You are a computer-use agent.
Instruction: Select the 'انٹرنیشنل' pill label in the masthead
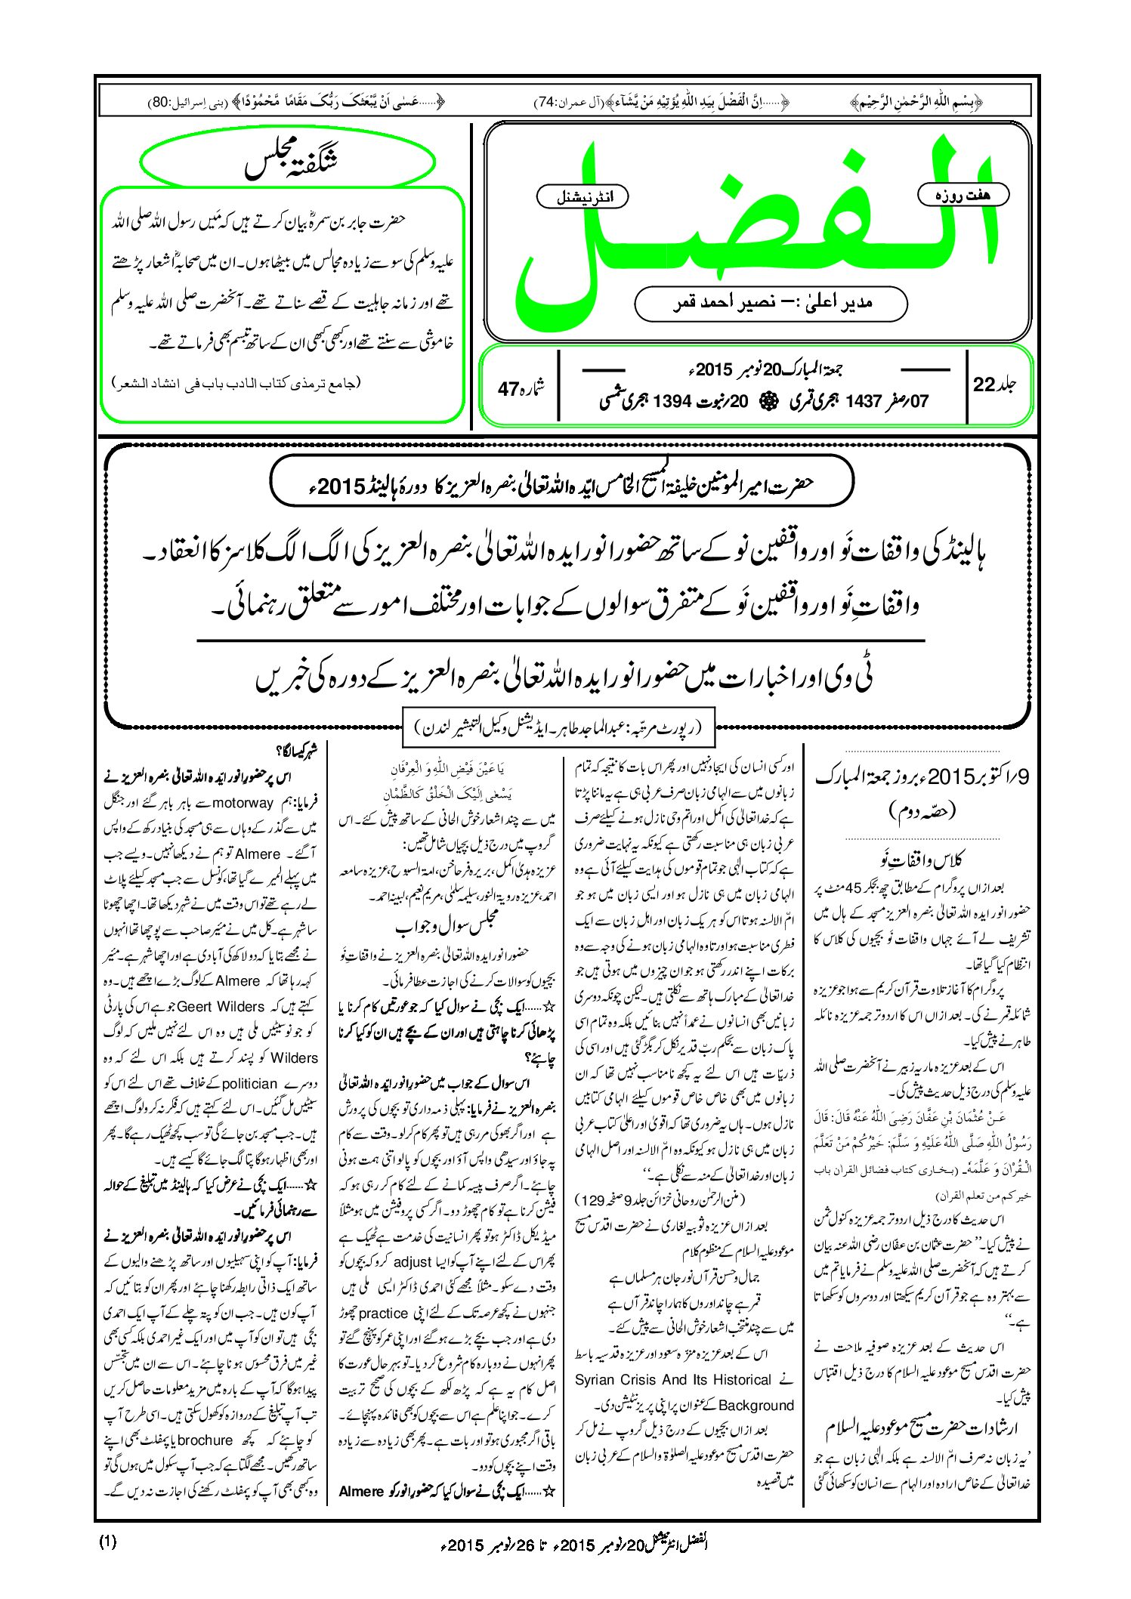coord(582,197)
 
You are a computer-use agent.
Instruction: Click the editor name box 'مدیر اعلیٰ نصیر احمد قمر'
coord(771,303)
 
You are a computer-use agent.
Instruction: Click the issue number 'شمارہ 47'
coord(521,388)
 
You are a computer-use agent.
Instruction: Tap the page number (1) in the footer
coord(107,1542)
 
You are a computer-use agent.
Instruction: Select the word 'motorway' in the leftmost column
coord(243,802)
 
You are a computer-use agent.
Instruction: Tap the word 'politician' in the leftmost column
coord(249,1083)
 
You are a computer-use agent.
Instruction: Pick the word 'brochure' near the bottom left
coord(205,1440)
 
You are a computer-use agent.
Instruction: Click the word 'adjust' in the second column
coord(413,1262)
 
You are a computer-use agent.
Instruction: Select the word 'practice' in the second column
coord(384,1313)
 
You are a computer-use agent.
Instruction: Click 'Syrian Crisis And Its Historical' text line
coord(673,1379)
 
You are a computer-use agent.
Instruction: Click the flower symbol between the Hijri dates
coord(768,401)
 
